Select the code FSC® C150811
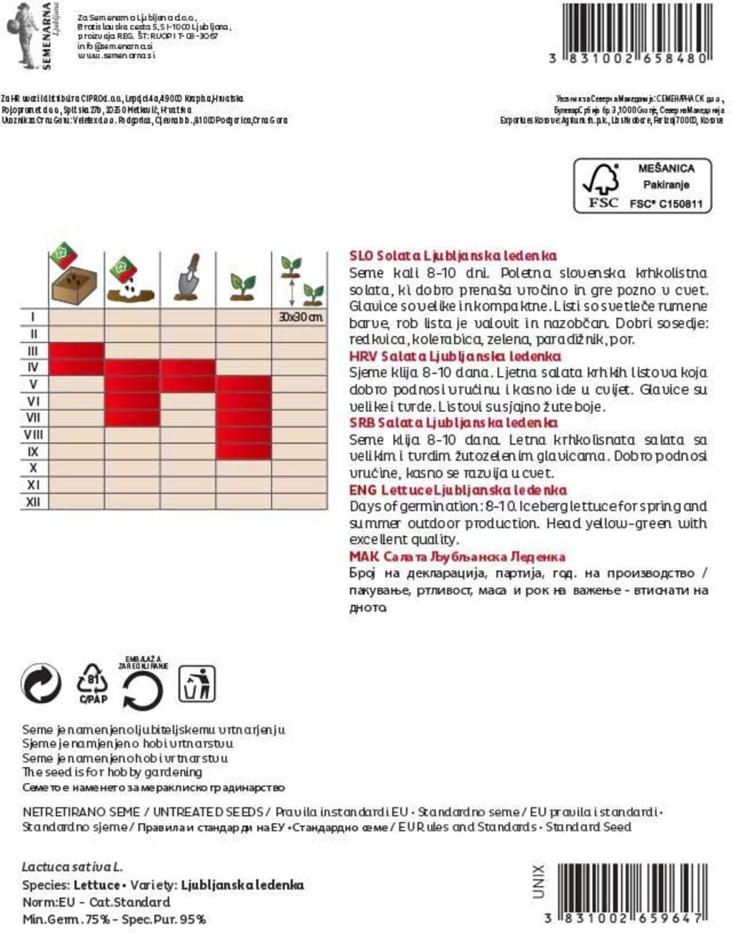coord(666,204)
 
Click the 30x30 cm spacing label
coord(300,316)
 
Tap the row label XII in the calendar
coord(33,502)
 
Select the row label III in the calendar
coord(33,351)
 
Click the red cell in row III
coord(76,351)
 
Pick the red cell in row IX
coord(244,451)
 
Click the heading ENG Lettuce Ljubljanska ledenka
coord(457,489)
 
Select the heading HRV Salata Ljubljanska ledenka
coord(455,356)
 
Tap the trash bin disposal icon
coord(197,684)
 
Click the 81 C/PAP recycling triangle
coord(93,683)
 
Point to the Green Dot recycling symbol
coord(41,684)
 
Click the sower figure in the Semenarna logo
coord(21,34)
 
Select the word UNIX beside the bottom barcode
coord(538,881)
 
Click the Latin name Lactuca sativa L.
coord(72,867)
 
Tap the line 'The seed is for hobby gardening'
coord(112,772)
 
